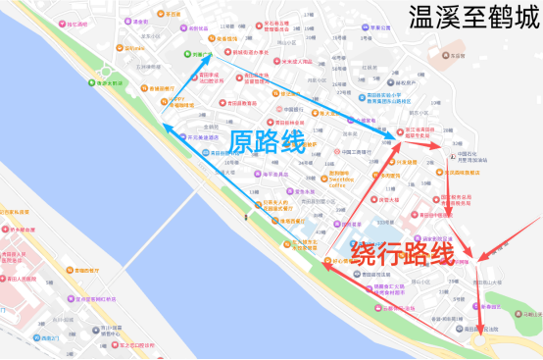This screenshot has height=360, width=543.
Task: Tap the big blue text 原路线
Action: [x=267, y=141]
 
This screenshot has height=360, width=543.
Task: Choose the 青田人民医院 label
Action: [x=20, y=257]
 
